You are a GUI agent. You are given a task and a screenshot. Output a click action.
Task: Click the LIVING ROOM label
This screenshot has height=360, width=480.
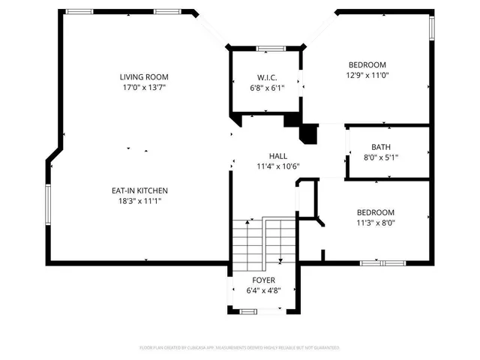pyautogui.click(x=144, y=76)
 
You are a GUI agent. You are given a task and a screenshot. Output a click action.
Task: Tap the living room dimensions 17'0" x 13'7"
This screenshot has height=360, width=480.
pyautogui.click(x=144, y=87)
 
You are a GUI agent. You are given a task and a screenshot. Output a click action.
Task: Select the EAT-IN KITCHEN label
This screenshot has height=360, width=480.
pyautogui.click(x=139, y=190)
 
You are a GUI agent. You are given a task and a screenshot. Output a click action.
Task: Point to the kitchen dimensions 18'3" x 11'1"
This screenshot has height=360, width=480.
pyautogui.click(x=139, y=201)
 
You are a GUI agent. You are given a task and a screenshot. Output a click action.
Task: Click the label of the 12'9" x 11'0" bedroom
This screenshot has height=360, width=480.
pyautogui.click(x=367, y=64)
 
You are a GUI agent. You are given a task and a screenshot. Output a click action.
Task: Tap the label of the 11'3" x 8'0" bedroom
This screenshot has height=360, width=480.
pyautogui.click(x=375, y=212)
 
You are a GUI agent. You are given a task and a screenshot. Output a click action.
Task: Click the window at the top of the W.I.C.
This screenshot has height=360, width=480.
pyautogui.click(x=268, y=49)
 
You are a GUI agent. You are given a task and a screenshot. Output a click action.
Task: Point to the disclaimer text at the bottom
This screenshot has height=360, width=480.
pyautogui.click(x=240, y=348)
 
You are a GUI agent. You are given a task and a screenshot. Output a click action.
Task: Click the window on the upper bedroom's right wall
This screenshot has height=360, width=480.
pyautogui.click(x=431, y=28)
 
